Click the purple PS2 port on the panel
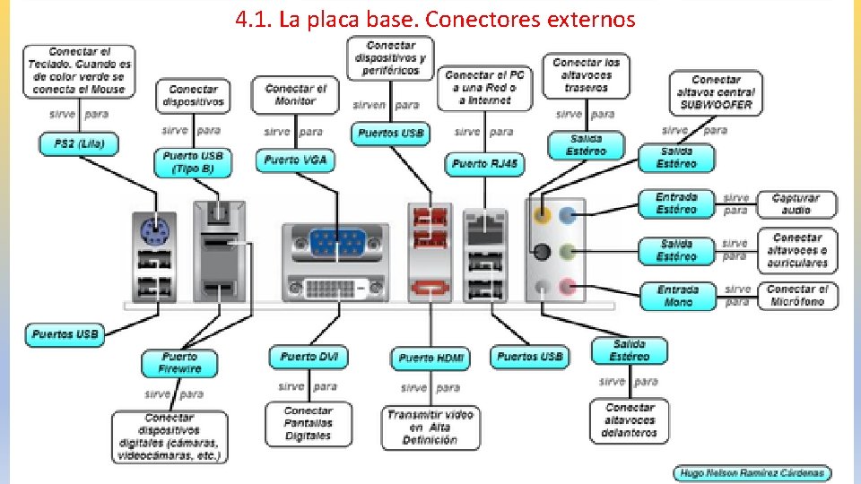(149, 232)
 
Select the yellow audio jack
(542, 215)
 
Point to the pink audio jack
(567, 289)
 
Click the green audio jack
(567, 252)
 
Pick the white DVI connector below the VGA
(336, 289)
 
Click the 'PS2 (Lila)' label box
(79, 143)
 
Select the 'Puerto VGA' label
(295, 161)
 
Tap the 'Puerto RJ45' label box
(485, 164)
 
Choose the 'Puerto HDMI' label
(430, 359)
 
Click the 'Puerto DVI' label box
(309, 357)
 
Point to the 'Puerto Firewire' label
(179, 363)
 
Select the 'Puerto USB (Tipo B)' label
(193, 162)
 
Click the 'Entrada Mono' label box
(677, 296)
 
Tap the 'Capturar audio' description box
(796, 204)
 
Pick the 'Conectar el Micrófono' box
(802, 296)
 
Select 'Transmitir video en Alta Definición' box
(430, 428)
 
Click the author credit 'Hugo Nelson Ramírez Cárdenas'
(752, 473)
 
